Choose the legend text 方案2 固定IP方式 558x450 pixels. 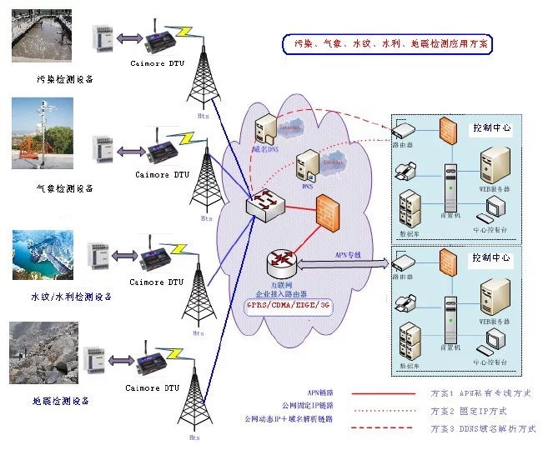tap(468, 411)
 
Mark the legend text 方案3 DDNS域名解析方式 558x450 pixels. tap(483, 428)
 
